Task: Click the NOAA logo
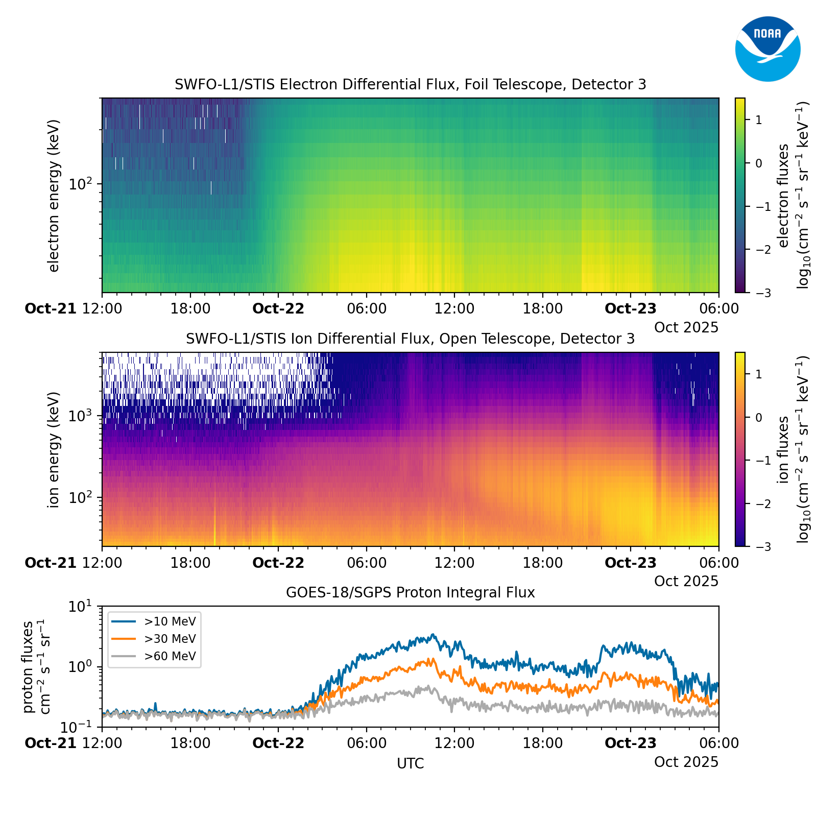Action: point(767,49)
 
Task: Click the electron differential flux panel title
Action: point(410,85)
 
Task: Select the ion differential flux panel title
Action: point(410,339)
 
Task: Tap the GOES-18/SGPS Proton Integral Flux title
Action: point(410,593)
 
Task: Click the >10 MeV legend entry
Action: point(170,621)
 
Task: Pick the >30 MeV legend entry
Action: point(170,639)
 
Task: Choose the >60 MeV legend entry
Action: point(170,656)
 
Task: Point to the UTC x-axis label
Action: point(410,763)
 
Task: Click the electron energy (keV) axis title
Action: point(54,196)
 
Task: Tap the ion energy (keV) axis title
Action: point(54,449)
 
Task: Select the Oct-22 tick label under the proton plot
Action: point(278,743)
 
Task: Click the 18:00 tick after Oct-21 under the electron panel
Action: point(190,308)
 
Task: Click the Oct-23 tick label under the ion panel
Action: point(631,563)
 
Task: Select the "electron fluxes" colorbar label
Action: point(783,196)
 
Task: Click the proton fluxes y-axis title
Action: point(36,666)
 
